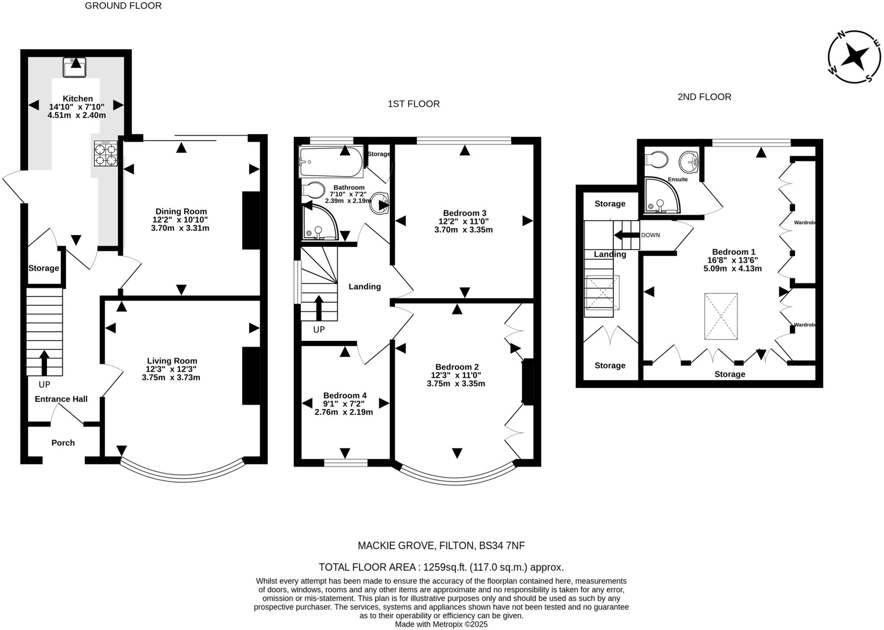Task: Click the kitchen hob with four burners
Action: tap(106, 154)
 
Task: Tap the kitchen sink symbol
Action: tap(74, 67)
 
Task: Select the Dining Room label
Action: tap(181, 211)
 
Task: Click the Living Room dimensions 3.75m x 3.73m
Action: tap(171, 378)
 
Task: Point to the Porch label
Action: tap(63, 443)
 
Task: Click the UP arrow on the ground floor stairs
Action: tap(44, 362)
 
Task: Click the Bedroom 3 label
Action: tap(464, 213)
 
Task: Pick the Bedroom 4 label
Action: tap(344, 395)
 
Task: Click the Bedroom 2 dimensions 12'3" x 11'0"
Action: tap(456, 375)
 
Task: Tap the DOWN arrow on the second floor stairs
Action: tap(626, 235)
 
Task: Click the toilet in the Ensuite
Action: tap(656, 160)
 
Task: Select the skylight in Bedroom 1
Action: tap(721, 317)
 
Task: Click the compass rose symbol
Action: tap(854, 57)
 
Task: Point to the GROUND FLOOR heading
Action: tap(123, 6)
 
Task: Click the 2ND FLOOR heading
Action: tap(704, 97)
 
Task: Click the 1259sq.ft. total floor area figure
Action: tap(445, 567)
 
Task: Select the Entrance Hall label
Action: tap(61, 399)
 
